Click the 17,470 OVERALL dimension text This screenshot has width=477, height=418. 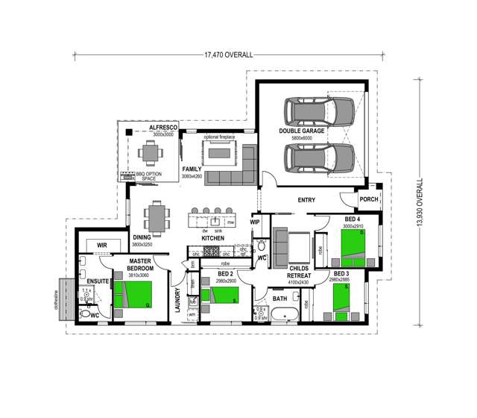[228, 54]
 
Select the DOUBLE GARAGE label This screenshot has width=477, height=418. [302, 133]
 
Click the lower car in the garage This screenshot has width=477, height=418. [322, 157]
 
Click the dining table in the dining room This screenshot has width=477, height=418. [157, 218]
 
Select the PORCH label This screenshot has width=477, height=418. [368, 199]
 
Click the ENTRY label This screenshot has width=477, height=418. [306, 200]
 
